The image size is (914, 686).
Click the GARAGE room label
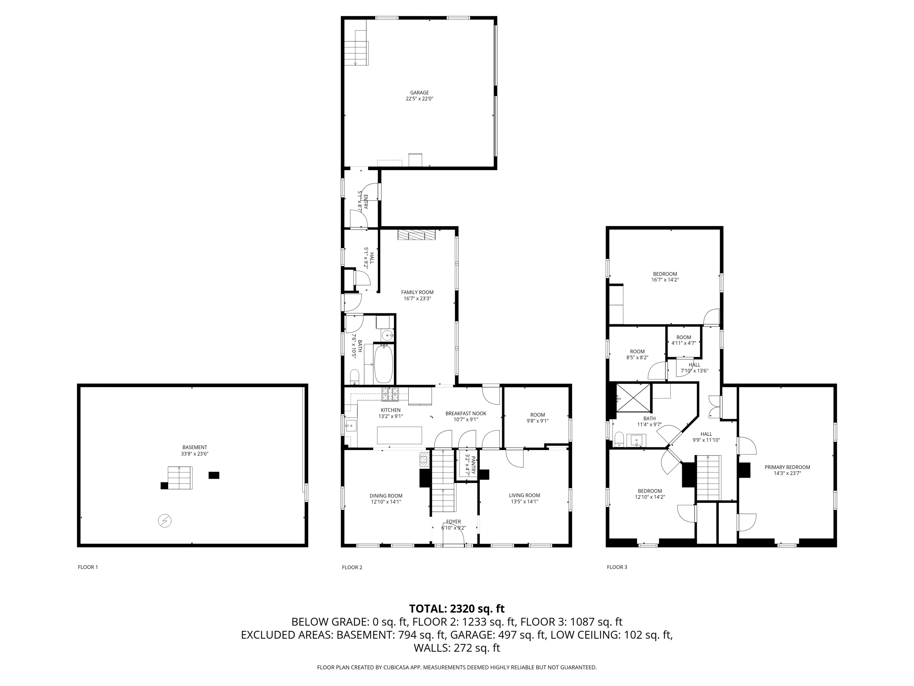[420, 93]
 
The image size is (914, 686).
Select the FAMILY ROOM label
[417, 292]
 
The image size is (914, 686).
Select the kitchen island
[399, 435]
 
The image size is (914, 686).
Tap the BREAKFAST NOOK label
[466, 413]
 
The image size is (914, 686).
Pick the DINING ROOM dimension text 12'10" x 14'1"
[386, 502]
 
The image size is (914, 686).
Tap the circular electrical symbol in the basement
[165, 521]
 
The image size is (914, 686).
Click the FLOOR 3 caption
[617, 567]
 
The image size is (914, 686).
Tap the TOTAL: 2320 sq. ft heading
[457, 609]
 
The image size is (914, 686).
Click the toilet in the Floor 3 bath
[619, 440]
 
